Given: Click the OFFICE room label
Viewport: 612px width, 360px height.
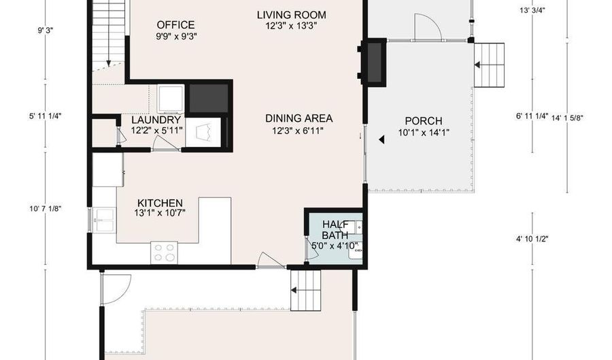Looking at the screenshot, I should (175, 25).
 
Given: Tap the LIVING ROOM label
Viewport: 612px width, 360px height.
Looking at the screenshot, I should (291, 14).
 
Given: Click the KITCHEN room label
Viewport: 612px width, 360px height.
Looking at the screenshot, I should (160, 203).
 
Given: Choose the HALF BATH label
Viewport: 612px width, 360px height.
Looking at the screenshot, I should (335, 229).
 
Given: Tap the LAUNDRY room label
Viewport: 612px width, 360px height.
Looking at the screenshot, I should (156, 120).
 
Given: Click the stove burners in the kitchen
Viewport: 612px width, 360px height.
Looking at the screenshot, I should (165, 252).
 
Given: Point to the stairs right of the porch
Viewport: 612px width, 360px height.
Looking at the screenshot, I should (489, 65).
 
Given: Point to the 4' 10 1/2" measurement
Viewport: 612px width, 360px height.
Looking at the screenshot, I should (532, 239).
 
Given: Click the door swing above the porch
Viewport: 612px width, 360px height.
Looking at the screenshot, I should (429, 28).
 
